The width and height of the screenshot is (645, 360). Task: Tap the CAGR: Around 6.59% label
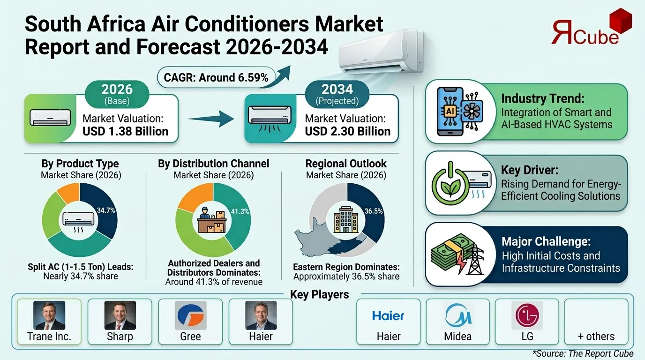coord(216,77)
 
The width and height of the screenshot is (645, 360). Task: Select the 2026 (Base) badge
coord(117,93)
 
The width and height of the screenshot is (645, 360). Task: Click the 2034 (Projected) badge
coord(337,93)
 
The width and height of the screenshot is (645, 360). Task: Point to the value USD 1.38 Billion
coord(125,131)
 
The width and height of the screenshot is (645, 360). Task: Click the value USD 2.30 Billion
coord(347,131)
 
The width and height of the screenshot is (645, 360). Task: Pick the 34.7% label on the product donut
coord(105,210)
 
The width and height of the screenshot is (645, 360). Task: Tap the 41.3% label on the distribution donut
coord(240,211)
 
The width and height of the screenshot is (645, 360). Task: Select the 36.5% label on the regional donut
coord(374,211)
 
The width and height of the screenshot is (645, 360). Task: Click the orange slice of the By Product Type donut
coord(68,192)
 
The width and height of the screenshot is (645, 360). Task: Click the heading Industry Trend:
coord(543,99)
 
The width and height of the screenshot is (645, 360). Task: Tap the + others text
coord(596,337)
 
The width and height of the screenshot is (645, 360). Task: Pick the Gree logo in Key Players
coord(190,315)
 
